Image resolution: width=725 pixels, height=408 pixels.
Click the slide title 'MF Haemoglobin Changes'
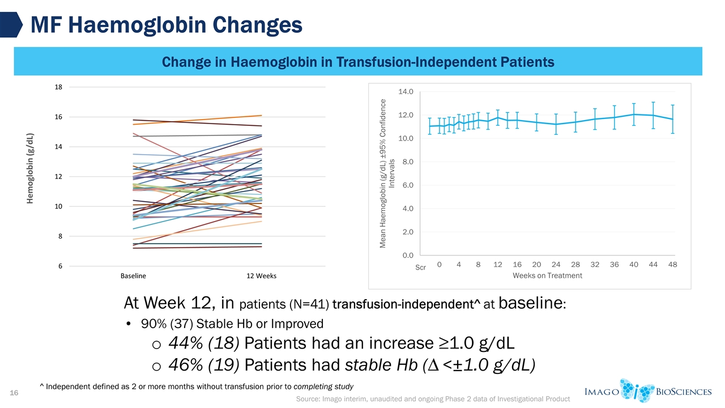(x=165, y=24)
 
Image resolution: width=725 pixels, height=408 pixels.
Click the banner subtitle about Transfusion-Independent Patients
(x=358, y=61)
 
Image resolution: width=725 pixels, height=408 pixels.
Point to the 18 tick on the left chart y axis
(x=59, y=87)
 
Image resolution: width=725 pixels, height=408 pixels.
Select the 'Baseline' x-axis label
(x=133, y=276)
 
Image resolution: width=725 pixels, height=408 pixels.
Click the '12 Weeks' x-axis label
(x=261, y=276)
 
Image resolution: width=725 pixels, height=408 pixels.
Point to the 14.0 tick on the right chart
(x=407, y=91)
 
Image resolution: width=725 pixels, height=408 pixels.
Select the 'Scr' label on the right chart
(x=420, y=267)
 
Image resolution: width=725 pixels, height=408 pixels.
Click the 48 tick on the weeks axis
(x=673, y=265)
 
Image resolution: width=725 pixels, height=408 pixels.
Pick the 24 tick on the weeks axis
(x=556, y=265)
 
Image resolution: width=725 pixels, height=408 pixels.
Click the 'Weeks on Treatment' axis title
(x=547, y=275)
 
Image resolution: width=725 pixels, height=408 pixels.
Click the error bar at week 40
(x=634, y=114)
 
